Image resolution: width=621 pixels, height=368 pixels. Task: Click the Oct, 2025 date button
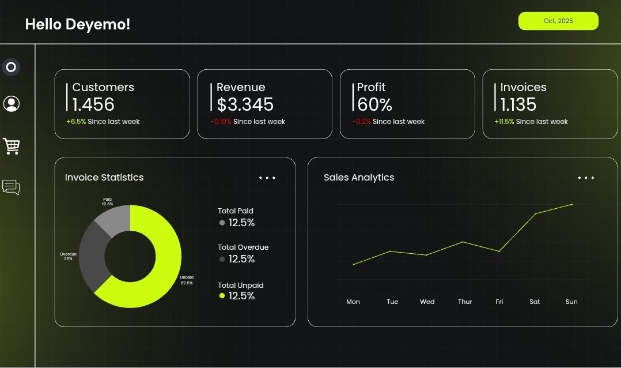(x=558, y=21)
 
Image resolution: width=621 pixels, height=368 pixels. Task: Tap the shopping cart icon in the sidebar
(x=12, y=146)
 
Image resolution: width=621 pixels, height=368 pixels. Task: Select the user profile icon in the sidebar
(x=12, y=104)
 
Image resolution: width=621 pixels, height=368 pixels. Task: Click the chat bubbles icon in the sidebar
(x=11, y=187)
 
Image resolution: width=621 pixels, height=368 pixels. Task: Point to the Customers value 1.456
(x=93, y=104)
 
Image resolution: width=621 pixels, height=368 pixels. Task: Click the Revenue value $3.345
(x=245, y=104)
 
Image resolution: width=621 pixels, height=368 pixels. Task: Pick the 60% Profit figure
(x=374, y=104)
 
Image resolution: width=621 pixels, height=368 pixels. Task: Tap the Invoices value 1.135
(x=518, y=104)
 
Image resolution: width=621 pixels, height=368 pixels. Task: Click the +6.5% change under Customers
(x=76, y=122)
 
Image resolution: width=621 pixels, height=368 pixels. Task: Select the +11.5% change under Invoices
(x=504, y=122)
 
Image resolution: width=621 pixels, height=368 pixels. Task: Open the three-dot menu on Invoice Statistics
(x=267, y=178)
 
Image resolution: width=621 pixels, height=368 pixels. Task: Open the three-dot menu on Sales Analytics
(x=586, y=178)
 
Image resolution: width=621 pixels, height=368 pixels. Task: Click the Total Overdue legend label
(x=243, y=247)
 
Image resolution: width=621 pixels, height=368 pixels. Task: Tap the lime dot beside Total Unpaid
(x=222, y=296)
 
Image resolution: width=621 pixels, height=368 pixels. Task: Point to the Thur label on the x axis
(x=465, y=302)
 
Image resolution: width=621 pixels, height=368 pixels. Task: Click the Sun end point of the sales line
(x=572, y=204)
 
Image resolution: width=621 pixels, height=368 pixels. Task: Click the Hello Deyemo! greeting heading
(x=78, y=24)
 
